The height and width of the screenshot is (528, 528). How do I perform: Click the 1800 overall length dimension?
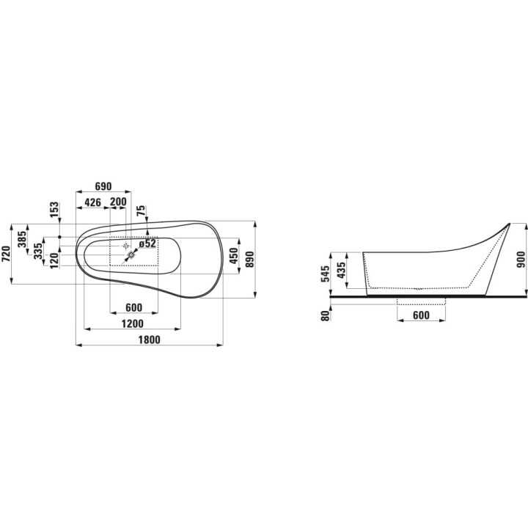pyautogui.click(x=149, y=340)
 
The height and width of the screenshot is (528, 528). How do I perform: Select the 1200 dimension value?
pyautogui.click(x=132, y=323)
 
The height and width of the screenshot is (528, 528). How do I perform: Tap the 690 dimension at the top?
pyautogui.click(x=103, y=186)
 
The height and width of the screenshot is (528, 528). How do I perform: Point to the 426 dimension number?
pyautogui.click(x=92, y=202)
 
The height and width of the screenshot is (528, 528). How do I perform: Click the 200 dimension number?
pyautogui.click(x=119, y=202)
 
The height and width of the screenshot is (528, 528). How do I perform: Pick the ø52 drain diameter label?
pyautogui.click(x=147, y=243)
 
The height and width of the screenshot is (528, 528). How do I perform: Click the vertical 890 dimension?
pyautogui.click(x=249, y=260)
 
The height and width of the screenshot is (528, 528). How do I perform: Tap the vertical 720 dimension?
pyautogui.click(x=7, y=254)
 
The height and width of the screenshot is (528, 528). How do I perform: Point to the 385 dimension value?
pyautogui.click(x=23, y=239)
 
